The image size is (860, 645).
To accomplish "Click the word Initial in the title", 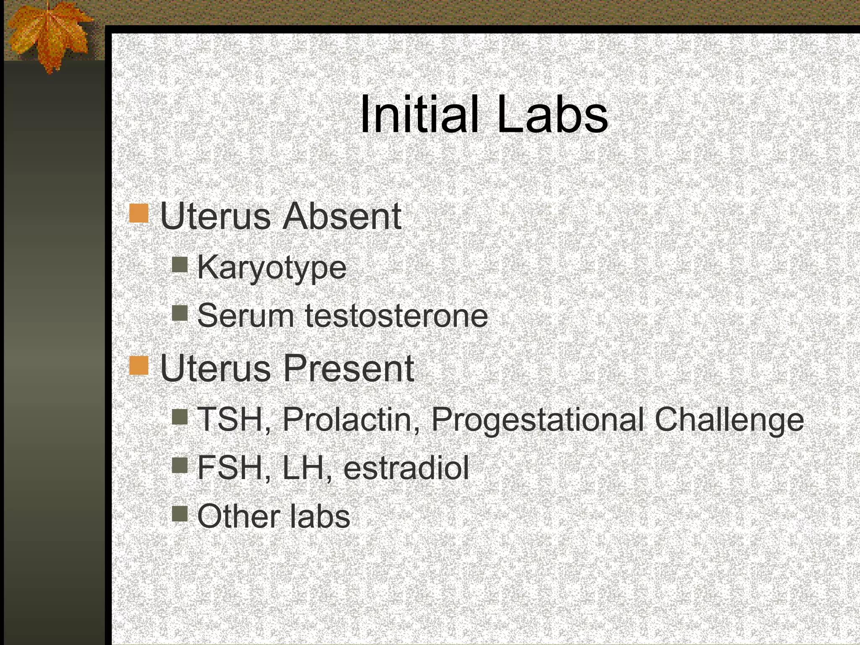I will coord(419,114).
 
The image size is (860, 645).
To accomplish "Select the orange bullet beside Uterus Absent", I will coord(139,213).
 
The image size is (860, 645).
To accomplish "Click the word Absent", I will coord(342,216).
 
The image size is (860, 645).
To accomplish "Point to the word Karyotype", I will coord(272,268).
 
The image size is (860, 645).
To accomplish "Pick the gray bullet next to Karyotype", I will coord(180,265).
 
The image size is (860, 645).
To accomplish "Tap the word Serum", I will coord(245,316).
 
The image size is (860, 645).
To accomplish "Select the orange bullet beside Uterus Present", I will coord(139,365).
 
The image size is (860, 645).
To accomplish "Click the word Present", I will coord(349,368).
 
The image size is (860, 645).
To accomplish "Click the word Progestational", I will coord(537,419).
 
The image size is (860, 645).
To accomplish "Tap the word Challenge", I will coord(729,419).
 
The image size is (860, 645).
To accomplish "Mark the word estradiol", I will coord(406,468).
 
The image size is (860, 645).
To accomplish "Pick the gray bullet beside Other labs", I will coord(180,513).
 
